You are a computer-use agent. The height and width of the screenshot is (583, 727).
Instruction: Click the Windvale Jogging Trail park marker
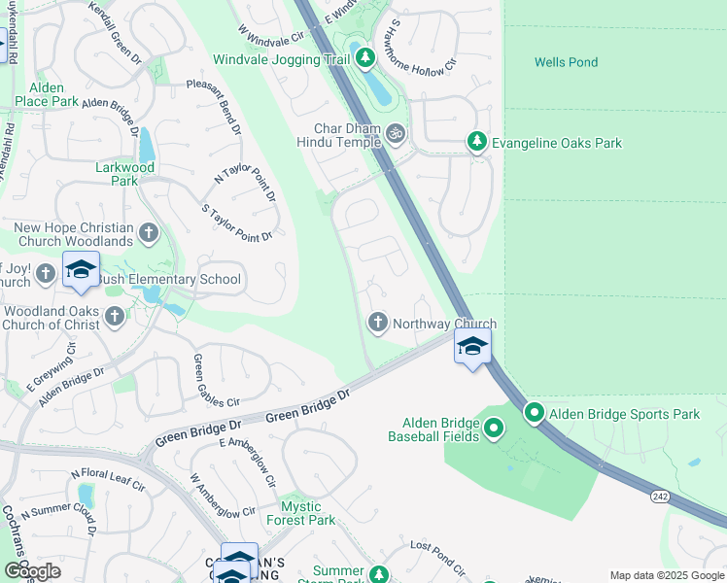pyautogui.click(x=365, y=59)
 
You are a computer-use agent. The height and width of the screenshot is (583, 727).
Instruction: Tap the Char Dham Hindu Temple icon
pyautogui.click(x=395, y=133)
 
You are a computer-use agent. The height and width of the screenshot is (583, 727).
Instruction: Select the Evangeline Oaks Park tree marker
pyautogui.click(x=476, y=143)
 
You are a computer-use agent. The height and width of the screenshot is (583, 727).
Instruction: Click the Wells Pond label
pyautogui.click(x=566, y=62)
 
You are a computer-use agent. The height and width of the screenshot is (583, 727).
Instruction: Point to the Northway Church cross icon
pyautogui.click(x=377, y=322)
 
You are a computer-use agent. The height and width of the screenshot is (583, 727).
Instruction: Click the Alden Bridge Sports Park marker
pyautogui.click(x=535, y=414)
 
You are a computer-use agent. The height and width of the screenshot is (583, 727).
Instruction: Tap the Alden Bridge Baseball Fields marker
pyautogui.click(x=494, y=428)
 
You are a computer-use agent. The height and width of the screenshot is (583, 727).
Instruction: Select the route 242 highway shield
pyautogui.click(x=660, y=496)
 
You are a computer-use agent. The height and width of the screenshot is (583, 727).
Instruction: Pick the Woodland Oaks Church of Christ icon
pyautogui.click(x=115, y=315)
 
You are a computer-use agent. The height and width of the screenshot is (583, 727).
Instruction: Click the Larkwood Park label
pyautogui.click(x=124, y=173)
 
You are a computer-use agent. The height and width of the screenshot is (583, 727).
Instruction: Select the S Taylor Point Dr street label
pyautogui.click(x=236, y=223)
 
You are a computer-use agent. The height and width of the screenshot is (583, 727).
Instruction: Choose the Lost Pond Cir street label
pyautogui.click(x=438, y=559)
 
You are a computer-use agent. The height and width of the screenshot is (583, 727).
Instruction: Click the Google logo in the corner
pyautogui.click(x=32, y=571)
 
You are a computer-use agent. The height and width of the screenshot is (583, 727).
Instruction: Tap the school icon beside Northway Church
pyautogui.click(x=472, y=347)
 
